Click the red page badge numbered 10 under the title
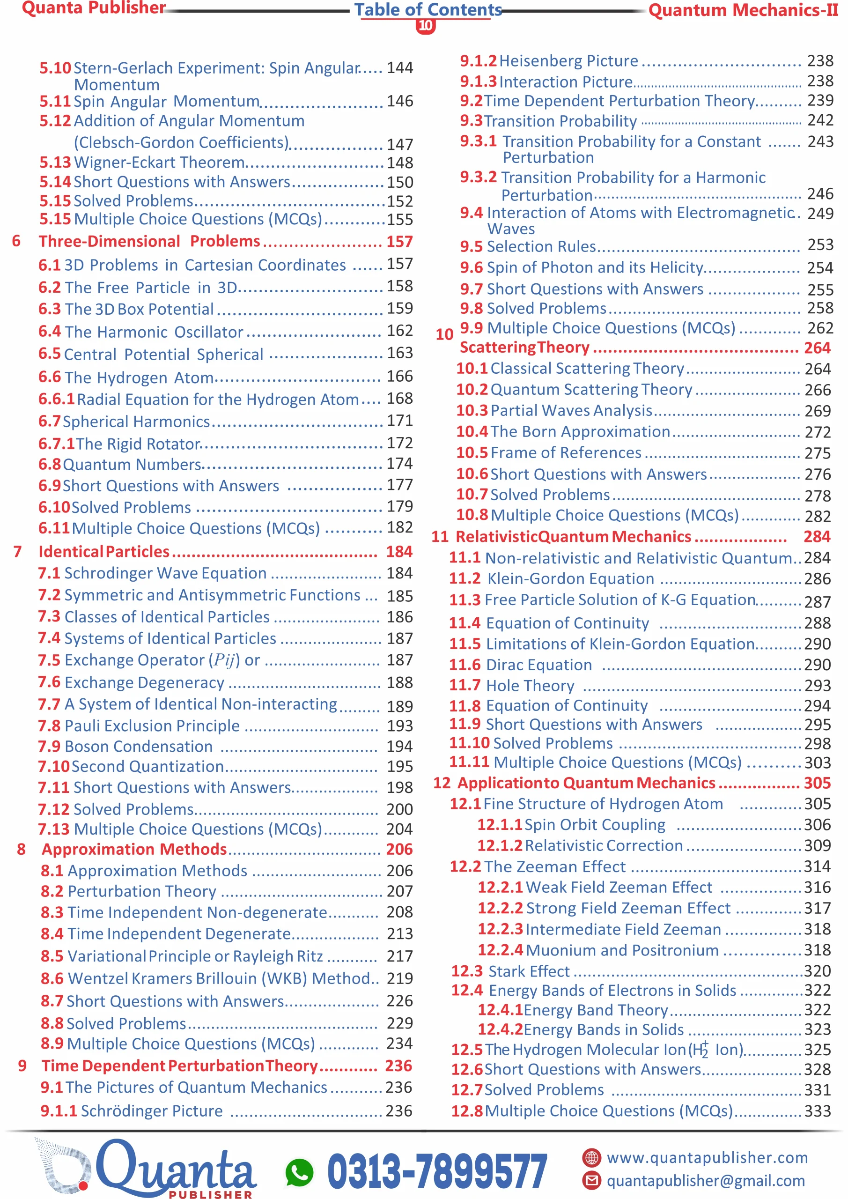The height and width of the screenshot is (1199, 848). tap(426, 25)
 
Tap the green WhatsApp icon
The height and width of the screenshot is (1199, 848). tap(299, 1172)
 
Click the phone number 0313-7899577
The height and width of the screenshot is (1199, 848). tap(437, 1171)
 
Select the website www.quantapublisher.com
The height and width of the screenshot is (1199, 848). tap(707, 1157)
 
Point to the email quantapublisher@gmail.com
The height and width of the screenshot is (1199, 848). tap(706, 1180)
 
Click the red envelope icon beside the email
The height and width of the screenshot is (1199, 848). tap(591, 1180)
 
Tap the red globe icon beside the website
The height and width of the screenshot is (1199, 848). tap(591, 1157)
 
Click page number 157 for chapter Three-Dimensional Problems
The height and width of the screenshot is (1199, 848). tap(399, 241)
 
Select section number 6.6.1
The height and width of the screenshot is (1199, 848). tap(56, 399)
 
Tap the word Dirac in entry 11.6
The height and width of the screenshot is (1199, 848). tap(505, 664)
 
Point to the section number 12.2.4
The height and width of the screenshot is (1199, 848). tap(500, 950)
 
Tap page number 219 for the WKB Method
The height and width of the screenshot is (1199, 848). tap(399, 977)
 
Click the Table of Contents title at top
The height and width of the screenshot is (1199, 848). tap(428, 9)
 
